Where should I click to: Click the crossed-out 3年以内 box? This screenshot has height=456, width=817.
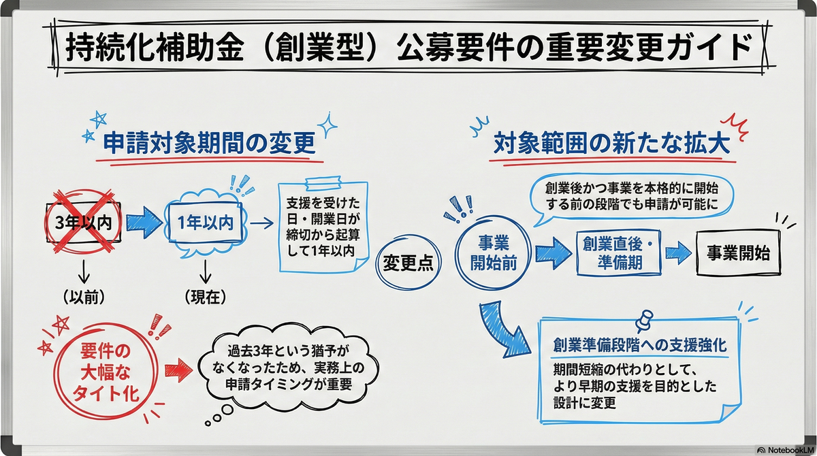pos(84,223)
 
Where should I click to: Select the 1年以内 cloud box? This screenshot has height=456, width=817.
pos(206,223)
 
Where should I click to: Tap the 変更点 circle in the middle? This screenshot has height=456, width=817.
pos(408,263)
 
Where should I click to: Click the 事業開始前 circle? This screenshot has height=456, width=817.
pos(493,253)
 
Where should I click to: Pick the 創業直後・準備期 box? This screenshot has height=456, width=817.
pos(619,253)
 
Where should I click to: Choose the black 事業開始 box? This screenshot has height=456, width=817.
pos(738,253)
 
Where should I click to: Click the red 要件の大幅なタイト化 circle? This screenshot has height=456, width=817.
pos(106,372)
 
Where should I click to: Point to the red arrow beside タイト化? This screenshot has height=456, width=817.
pos(178,370)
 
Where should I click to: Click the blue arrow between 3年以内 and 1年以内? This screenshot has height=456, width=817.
pos(144,223)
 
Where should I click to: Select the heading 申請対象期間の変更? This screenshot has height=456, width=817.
pos(210,143)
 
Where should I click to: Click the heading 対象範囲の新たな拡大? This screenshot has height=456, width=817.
pos(611,143)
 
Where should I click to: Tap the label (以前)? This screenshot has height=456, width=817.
pos(84,297)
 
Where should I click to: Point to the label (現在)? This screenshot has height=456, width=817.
pos(206,297)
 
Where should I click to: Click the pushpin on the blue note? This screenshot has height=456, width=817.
pos(645,321)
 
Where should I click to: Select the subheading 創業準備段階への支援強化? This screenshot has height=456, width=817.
pos(640,345)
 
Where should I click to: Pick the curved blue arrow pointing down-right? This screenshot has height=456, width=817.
pos(503,328)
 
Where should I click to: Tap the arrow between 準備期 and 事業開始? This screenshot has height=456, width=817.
pos(678,253)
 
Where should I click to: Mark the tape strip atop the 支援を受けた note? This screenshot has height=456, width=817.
pos(323,183)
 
